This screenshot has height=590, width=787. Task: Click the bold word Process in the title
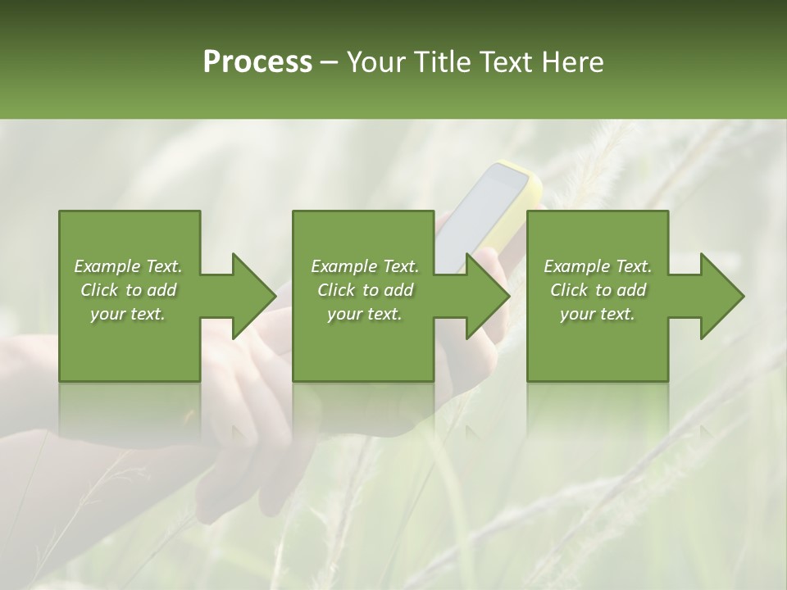click(x=257, y=62)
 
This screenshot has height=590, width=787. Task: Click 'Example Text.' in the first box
click(x=128, y=266)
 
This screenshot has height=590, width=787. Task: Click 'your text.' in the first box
click(x=128, y=314)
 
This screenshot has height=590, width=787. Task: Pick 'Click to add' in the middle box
click(x=365, y=290)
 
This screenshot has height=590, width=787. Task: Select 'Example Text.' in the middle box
click(x=365, y=266)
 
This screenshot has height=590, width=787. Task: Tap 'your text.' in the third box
click(x=598, y=314)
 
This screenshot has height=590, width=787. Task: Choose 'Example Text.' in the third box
click(x=598, y=266)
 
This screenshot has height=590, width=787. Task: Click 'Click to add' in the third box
click(x=598, y=290)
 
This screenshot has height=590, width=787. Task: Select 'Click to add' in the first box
click(x=128, y=290)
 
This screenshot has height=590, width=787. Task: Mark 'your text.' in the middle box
click(x=365, y=314)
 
